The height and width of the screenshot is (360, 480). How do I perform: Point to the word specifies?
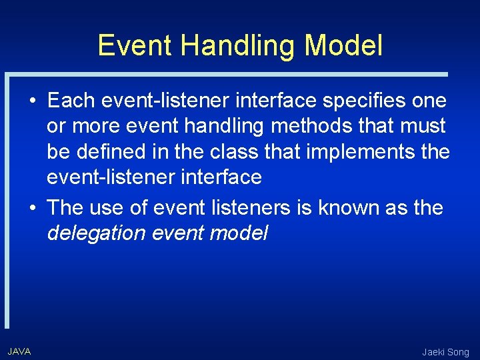[x=358, y=101]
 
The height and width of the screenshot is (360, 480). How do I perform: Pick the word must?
[x=421, y=126]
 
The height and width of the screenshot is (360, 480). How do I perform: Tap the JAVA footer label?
[x=19, y=351]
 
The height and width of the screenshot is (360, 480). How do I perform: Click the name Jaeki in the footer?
[x=434, y=352]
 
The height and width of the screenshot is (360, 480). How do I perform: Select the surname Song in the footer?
[x=459, y=352]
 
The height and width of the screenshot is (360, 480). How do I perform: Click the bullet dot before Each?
[x=32, y=101]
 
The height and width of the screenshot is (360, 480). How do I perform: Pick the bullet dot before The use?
[x=32, y=208]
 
